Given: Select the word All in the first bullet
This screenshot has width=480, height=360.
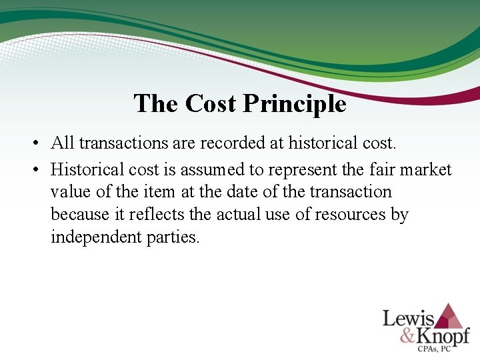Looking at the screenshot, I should click(x=63, y=143).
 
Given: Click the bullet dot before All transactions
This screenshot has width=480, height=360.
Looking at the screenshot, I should click(x=37, y=143).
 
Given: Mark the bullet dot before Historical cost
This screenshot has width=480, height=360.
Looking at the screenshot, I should click(x=37, y=170).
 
